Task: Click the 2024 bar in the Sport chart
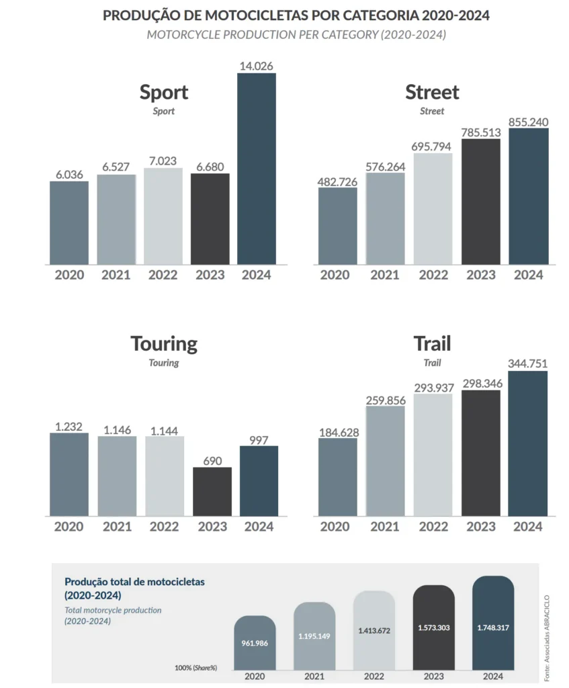(257, 169)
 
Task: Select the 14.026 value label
(256, 66)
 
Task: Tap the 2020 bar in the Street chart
(338, 226)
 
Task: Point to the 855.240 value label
(529, 122)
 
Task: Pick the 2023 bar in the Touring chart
(212, 492)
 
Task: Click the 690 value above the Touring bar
(212, 461)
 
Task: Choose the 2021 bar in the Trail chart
(386, 461)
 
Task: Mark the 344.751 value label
(528, 363)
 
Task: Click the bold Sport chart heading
(164, 93)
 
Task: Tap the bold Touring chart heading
(164, 344)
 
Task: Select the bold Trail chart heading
(432, 343)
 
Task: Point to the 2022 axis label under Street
(433, 275)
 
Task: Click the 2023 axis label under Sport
(210, 275)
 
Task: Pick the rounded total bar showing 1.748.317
(493, 623)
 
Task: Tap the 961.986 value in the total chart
(255, 643)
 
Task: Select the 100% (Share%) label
(195, 668)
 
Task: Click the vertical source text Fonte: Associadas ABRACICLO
(547, 638)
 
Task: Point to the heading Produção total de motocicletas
(134, 582)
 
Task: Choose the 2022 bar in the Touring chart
(165, 476)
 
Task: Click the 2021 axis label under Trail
(385, 527)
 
